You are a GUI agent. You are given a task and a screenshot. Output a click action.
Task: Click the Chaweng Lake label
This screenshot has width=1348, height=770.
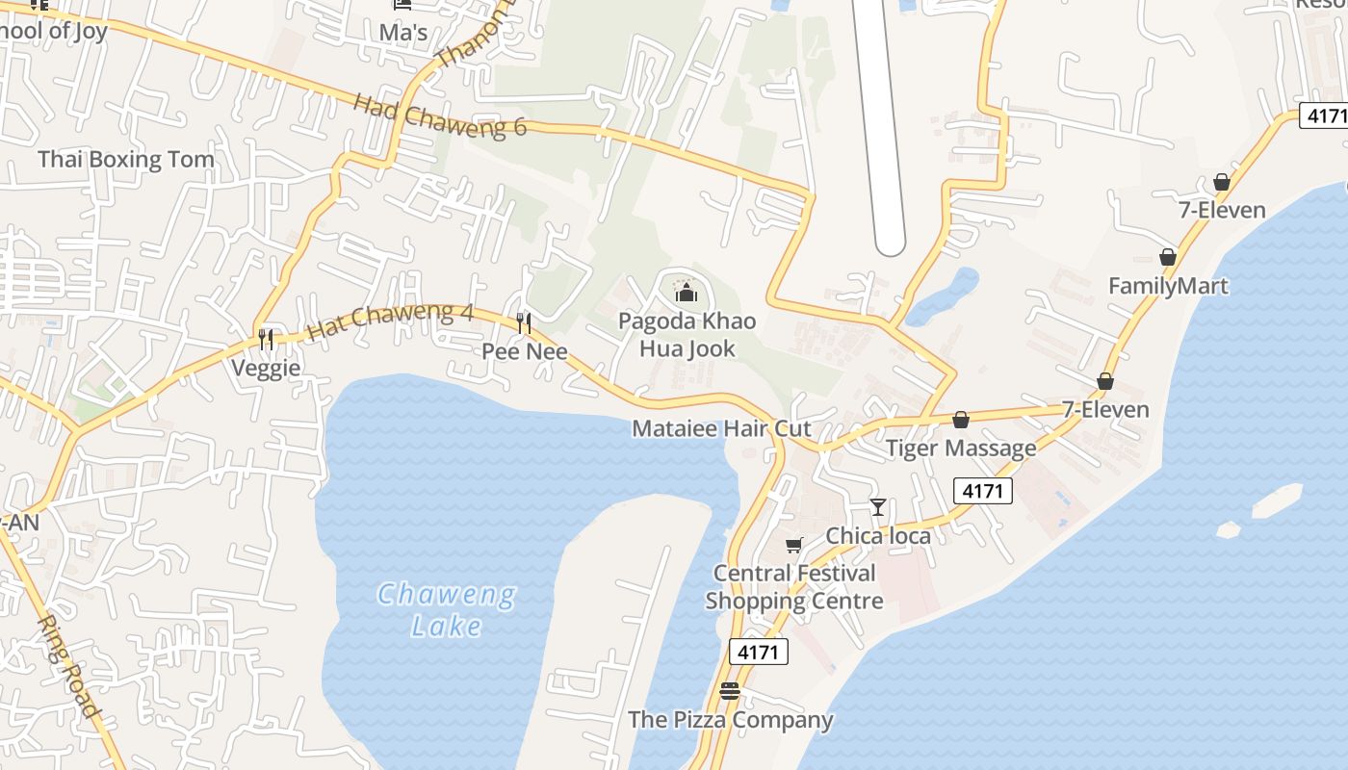click(x=446, y=610)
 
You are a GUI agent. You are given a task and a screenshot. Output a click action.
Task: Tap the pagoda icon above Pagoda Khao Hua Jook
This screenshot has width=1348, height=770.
click(x=685, y=290)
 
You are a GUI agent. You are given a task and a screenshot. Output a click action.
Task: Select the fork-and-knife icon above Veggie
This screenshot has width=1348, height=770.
click(x=266, y=339)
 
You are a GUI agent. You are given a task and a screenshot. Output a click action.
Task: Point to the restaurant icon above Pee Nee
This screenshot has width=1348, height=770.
click(x=524, y=322)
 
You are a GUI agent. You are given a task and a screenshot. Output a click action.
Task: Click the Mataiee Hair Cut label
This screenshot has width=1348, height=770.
click(x=721, y=428)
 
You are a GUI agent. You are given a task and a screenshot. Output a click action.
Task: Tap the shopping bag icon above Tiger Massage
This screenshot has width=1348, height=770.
click(x=960, y=420)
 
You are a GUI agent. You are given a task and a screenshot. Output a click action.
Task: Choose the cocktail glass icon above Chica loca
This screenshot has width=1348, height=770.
click(x=877, y=506)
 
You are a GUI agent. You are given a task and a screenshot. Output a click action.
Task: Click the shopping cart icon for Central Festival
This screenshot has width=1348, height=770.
click(x=793, y=546)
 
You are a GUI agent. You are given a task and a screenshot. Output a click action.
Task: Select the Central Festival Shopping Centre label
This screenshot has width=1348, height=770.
click(x=794, y=587)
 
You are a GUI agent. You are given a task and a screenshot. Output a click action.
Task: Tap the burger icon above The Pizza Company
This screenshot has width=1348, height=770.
click(x=730, y=691)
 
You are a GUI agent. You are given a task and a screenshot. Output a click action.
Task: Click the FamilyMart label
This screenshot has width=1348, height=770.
click(x=1168, y=286)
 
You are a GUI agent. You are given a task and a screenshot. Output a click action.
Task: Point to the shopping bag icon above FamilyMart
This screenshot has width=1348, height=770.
click(x=1168, y=257)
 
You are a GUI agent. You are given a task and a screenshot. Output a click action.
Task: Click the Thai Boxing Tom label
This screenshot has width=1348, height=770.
click(x=125, y=159)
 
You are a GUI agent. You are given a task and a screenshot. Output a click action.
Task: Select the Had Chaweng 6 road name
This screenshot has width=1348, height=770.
click(x=440, y=115)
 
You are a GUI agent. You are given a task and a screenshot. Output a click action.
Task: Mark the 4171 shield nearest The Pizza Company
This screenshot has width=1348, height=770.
click(x=758, y=652)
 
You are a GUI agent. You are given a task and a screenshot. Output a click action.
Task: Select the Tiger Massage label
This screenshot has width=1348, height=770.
click(x=961, y=448)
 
